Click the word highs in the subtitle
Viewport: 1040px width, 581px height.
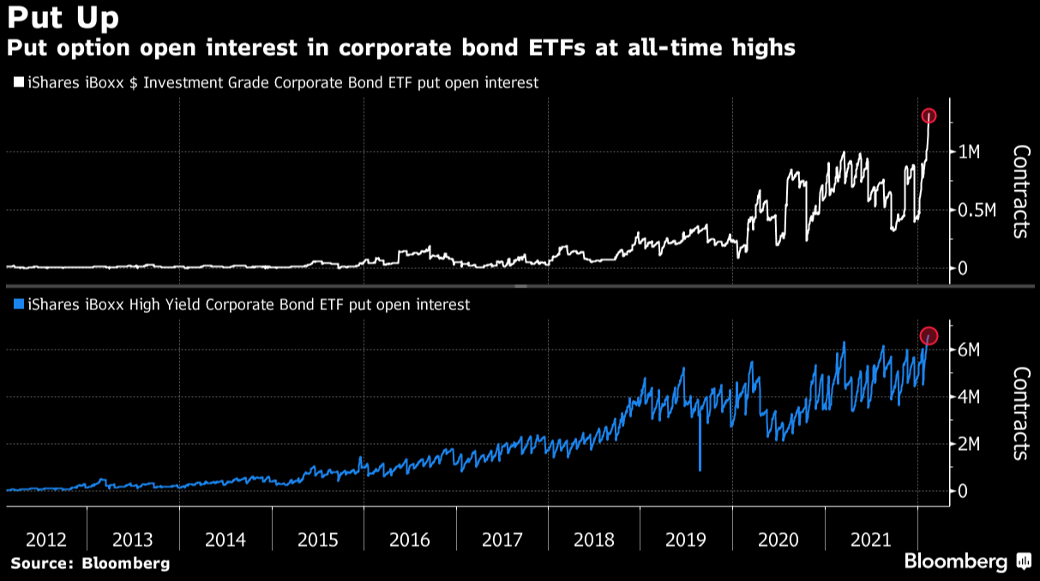pyautogui.click(x=758, y=48)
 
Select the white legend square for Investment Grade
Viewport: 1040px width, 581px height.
pyautogui.click(x=18, y=83)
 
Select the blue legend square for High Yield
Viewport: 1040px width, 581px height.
pyautogui.click(x=18, y=304)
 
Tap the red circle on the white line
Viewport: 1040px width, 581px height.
pyautogui.click(x=929, y=116)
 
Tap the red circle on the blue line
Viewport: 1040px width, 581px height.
pyautogui.click(x=929, y=335)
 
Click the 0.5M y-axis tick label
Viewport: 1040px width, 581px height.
pyautogui.click(x=977, y=211)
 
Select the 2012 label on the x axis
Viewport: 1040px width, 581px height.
pyautogui.click(x=46, y=540)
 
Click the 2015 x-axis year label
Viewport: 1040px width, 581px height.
pyautogui.click(x=318, y=540)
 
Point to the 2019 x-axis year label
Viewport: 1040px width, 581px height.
pyautogui.click(x=686, y=540)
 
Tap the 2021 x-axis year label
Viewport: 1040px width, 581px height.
pyautogui.click(x=870, y=540)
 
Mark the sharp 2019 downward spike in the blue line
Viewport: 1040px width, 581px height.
pyautogui.click(x=700, y=467)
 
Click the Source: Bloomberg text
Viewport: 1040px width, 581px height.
pyautogui.click(x=90, y=563)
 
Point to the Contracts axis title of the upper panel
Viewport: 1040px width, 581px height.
pyautogui.click(x=1020, y=191)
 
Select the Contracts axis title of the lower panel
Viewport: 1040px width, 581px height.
pyautogui.click(x=1020, y=413)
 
